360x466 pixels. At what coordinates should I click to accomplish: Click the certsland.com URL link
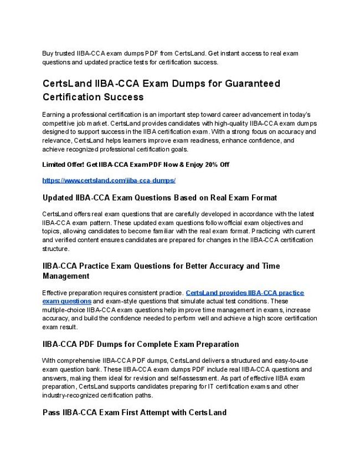[109, 181]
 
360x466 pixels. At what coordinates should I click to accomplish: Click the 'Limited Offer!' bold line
[136, 165]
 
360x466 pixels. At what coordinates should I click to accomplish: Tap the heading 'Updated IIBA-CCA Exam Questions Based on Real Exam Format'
[160, 197]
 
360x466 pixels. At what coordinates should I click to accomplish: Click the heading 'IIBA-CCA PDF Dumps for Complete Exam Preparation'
[140, 344]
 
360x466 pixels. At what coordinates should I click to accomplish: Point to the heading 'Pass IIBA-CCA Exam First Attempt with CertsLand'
[134, 413]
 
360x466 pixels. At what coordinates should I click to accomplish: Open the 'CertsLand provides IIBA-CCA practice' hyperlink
[245, 293]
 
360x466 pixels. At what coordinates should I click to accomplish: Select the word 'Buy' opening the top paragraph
[48, 54]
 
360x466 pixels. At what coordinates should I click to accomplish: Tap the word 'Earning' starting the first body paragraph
[53, 114]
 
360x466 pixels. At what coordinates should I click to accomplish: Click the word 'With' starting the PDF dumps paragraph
[49, 361]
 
